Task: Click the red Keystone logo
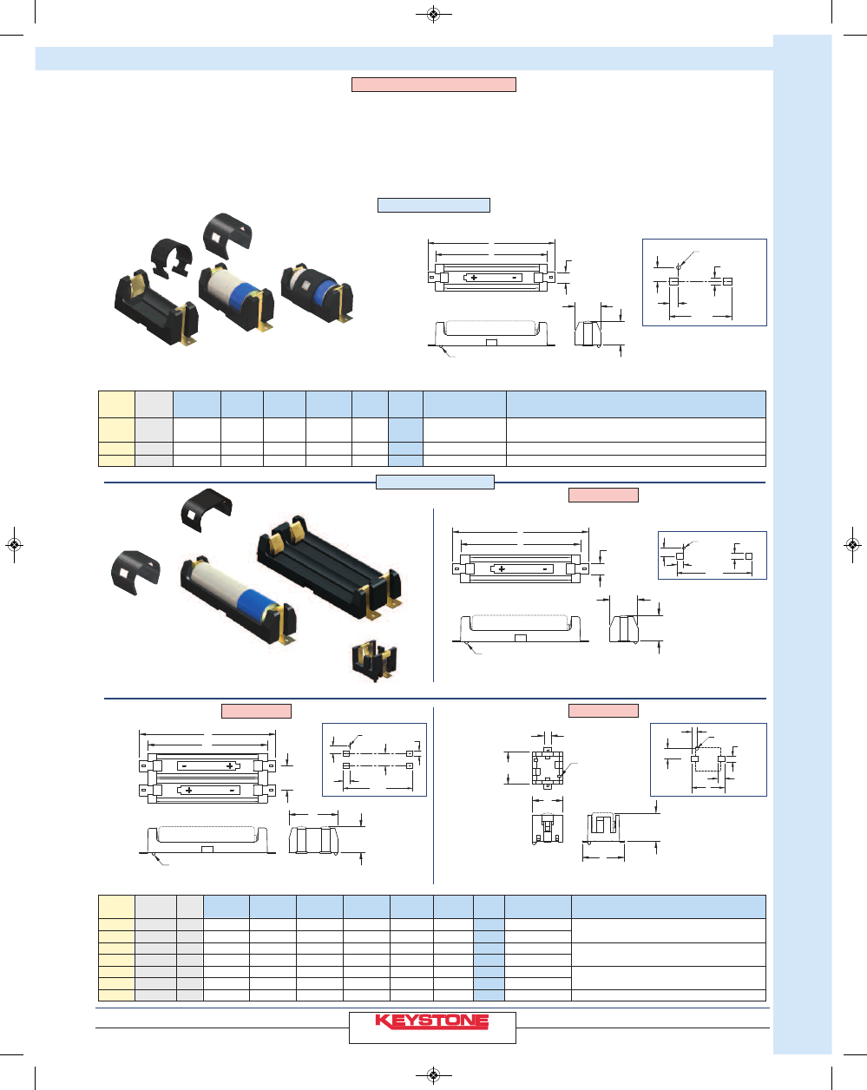(432, 1021)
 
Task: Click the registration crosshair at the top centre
(433, 14)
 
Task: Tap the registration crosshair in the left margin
(14, 544)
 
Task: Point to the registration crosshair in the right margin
(852, 544)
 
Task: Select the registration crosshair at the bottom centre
(433, 1076)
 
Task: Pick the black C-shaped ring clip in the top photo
(171, 257)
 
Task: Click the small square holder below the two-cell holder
(375, 660)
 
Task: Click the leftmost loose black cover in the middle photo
(136, 572)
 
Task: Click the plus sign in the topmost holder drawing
(474, 278)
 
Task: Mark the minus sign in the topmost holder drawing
(515, 278)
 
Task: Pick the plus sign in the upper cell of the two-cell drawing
(231, 766)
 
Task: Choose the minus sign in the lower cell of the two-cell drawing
(232, 791)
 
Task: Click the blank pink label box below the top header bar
(433, 84)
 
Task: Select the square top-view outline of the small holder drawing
(547, 766)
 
